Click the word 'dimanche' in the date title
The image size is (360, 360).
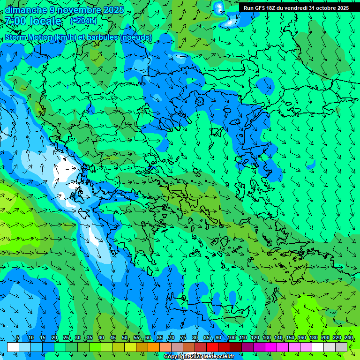tap(26, 10)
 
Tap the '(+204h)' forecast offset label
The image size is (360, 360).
tap(83, 21)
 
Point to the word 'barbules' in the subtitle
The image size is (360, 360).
tap(103, 37)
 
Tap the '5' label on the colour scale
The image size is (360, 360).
tap(18, 337)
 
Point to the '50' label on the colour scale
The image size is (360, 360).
tap(125, 337)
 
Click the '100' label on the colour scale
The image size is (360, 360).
tap(232, 337)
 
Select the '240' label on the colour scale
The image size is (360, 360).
tap(349, 337)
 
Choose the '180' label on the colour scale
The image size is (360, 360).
tap(314, 337)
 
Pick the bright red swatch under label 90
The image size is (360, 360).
tap(212, 347)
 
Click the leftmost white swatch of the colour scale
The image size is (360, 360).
tap(13, 347)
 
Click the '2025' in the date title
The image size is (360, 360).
tap(114, 10)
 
